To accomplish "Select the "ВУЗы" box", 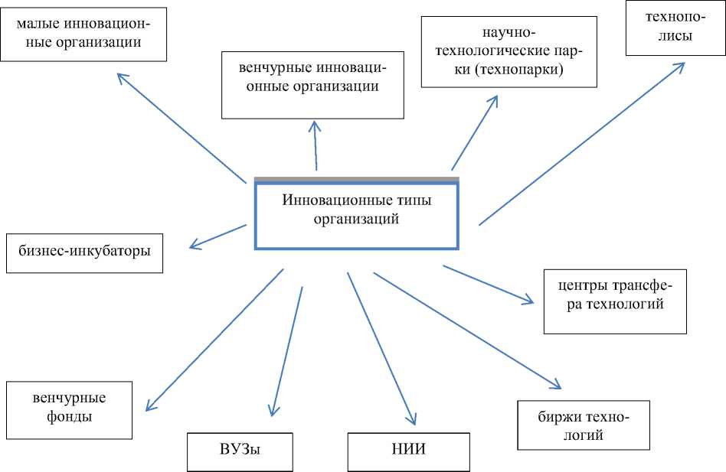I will point(240,452).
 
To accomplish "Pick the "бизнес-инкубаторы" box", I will point(84,252).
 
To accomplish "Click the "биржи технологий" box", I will point(584,425).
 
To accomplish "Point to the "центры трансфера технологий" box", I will point(614,301).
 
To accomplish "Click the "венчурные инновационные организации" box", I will point(312,84).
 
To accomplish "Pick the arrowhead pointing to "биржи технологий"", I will point(558,386).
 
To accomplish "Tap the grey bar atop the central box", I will point(356,180).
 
